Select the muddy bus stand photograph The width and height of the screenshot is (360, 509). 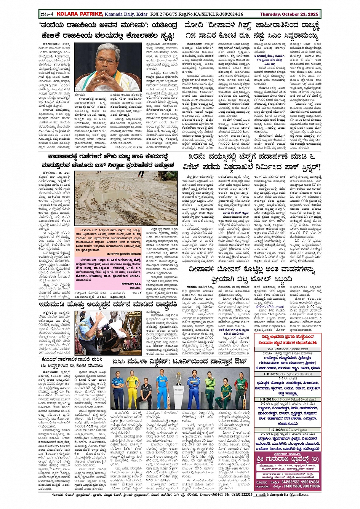[126, 198]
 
